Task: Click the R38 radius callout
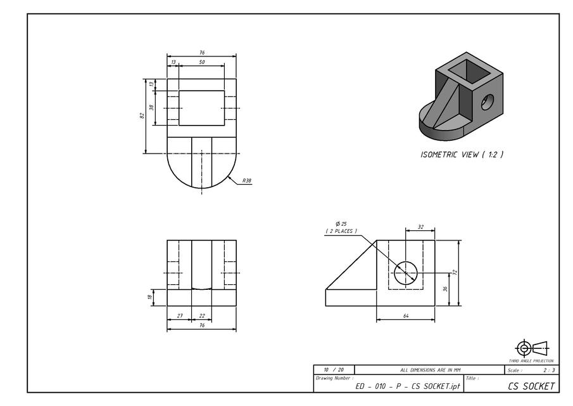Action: [246, 181]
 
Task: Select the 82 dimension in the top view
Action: [142, 116]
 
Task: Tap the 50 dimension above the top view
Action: [201, 62]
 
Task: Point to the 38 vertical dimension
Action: [151, 107]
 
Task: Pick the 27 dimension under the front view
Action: [180, 315]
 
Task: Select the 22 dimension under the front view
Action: [201, 315]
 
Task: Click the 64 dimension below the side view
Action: [405, 315]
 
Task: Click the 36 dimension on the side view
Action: [446, 289]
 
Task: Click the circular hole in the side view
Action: [406, 273]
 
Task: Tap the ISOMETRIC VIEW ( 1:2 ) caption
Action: [462, 154]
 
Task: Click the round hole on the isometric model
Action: [487, 101]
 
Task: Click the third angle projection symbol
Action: [532, 348]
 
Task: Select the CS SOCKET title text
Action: [531, 386]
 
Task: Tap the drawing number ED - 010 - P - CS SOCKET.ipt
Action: [408, 386]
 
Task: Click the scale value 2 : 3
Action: [549, 370]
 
